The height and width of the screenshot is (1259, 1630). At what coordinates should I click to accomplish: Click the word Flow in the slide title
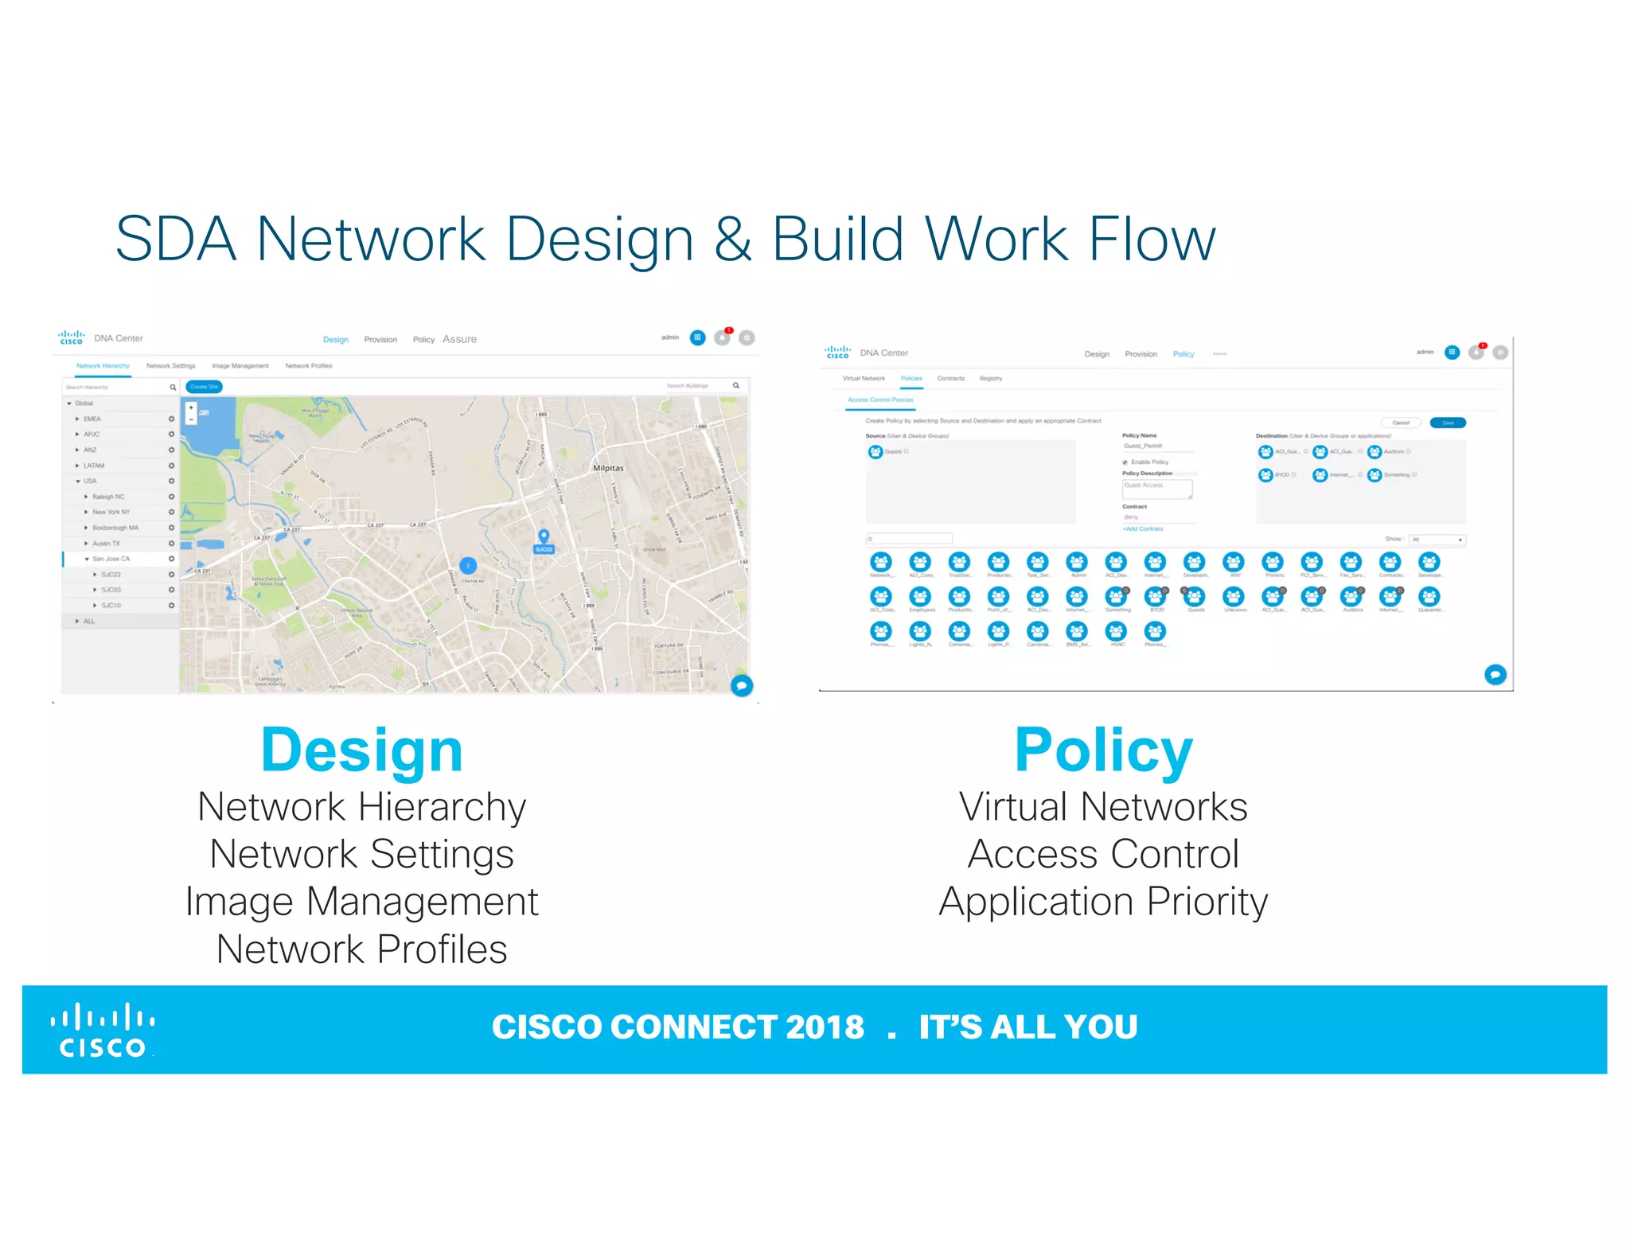[x=1151, y=239]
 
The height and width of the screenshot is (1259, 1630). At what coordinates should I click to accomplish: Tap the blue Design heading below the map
[x=361, y=750]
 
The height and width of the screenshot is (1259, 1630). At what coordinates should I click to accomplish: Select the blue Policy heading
[x=1103, y=750]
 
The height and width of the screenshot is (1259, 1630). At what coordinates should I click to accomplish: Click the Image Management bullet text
[x=361, y=902]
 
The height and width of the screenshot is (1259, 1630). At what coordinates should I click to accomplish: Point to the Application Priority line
[x=1103, y=902]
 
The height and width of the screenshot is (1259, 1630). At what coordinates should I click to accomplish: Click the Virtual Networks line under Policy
[x=1103, y=807]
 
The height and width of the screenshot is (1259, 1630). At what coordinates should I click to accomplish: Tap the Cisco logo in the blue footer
[x=103, y=1031]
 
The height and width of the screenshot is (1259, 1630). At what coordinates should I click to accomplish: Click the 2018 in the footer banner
[x=825, y=1027]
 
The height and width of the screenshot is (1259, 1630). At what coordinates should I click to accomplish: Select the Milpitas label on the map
[x=608, y=468]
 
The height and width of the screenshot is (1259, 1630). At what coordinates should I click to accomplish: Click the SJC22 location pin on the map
[x=544, y=539]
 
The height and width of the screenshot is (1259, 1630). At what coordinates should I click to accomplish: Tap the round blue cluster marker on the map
[x=468, y=566]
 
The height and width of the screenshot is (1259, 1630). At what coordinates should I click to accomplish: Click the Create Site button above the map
[x=204, y=387]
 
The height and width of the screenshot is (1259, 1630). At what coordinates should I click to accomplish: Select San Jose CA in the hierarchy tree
[x=111, y=559]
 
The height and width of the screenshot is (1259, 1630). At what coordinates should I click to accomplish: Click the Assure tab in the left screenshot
[x=459, y=339]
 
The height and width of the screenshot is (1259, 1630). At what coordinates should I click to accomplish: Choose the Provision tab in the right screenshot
[x=1141, y=354]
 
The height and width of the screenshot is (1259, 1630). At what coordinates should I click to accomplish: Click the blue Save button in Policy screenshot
[x=1448, y=423]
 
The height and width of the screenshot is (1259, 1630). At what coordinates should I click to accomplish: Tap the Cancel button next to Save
[x=1401, y=423]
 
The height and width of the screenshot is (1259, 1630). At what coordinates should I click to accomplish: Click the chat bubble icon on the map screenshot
[x=742, y=685]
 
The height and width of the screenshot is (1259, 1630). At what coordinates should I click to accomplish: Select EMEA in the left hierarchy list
[x=92, y=419]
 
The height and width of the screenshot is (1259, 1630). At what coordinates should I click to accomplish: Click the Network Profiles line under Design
[x=361, y=949]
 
